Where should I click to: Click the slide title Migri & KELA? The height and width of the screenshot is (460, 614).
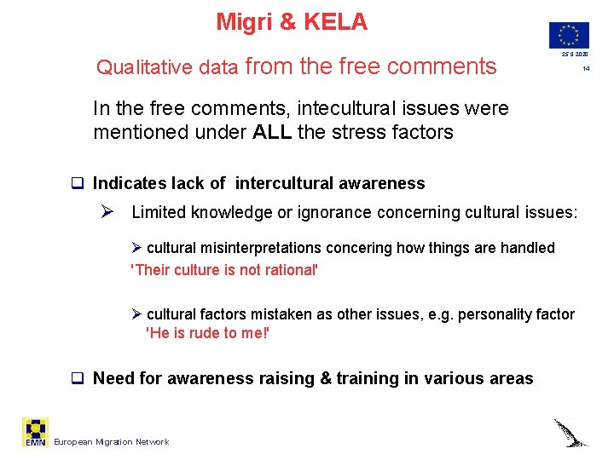(292, 22)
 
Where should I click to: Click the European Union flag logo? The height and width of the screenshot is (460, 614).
(569, 35)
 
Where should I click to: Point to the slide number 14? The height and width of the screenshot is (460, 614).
(586, 68)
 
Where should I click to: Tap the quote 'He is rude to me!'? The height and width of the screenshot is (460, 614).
(208, 333)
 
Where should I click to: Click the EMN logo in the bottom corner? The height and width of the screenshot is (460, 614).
(36, 433)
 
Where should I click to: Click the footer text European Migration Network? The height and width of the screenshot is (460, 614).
(111, 441)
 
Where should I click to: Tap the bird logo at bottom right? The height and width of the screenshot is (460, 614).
(571, 432)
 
